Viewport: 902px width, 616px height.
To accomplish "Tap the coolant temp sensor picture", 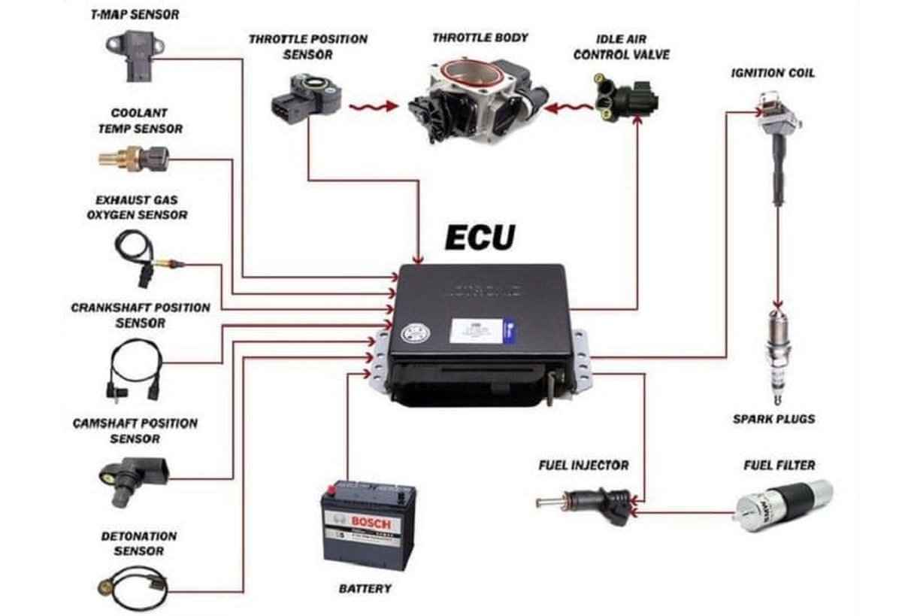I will (x=133, y=158).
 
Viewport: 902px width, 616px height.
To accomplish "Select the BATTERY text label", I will (x=365, y=588).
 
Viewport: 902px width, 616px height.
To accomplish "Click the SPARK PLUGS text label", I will (x=773, y=418).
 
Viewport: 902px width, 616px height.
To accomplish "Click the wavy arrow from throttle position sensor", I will (x=373, y=107).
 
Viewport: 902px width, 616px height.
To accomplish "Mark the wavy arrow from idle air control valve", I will (x=568, y=109).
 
